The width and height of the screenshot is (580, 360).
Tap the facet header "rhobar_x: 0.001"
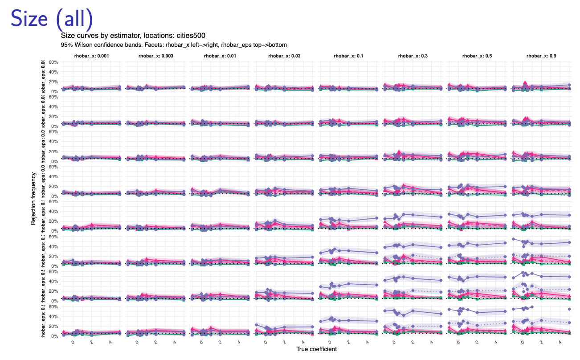(x=91, y=56)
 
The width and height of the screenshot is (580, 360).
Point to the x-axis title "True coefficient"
(x=316, y=349)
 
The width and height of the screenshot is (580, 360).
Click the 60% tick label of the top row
(x=53, y=62)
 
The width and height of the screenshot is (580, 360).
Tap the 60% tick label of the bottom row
(x=53, y=307)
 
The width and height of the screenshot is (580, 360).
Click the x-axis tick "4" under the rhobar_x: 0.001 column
(x=110, y=342)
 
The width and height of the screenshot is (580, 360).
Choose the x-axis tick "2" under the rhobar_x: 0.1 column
(x=348, y=342)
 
